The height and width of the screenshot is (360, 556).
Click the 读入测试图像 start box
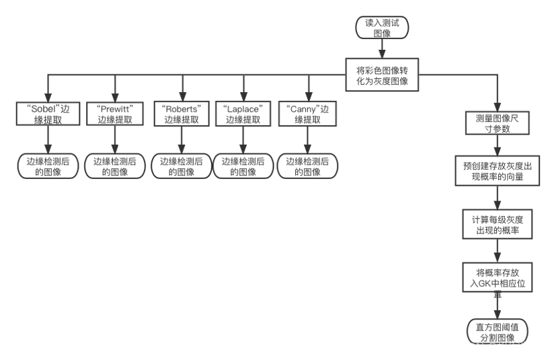point(382,28)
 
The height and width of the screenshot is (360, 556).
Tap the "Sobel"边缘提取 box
point(48,114)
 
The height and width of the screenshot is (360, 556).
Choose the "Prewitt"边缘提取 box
point(115,114)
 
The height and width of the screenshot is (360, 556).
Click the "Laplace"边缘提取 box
point(243,114)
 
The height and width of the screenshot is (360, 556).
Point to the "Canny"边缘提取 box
point(308,114)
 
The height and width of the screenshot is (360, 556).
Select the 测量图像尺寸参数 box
point(497,123)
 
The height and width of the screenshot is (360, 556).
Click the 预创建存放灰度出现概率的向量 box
point(497,171)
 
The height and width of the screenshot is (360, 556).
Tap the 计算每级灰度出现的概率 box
point(497,225)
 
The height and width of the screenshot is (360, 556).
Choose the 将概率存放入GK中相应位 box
point(497,278)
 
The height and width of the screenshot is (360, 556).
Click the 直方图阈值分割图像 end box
point(497,332)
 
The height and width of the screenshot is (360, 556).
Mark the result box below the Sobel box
point(48,166)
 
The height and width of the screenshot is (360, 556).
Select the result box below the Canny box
point(308,166)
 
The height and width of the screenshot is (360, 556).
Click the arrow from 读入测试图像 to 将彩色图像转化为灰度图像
point(382,48)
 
